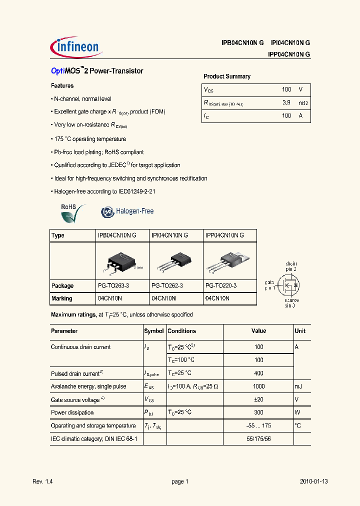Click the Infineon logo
pos(76,48)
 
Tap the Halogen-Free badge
pos(127,211)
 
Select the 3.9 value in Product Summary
pos(286,102)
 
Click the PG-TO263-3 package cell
pos(112,286)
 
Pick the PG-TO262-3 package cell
pos(167,286)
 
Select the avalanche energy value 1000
pos(258,386)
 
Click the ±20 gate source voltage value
pos(258,399)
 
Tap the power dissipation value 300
pos(258,412)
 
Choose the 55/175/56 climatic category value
pos(258,439)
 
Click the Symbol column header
pos(154,331)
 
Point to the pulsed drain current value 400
pos(258,373)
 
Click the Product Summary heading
pos(227,76)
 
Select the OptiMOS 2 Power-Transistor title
pos(97,71)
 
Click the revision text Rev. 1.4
pos(42,481)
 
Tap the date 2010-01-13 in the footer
pos(313,481)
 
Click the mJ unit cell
pos(299,386)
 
